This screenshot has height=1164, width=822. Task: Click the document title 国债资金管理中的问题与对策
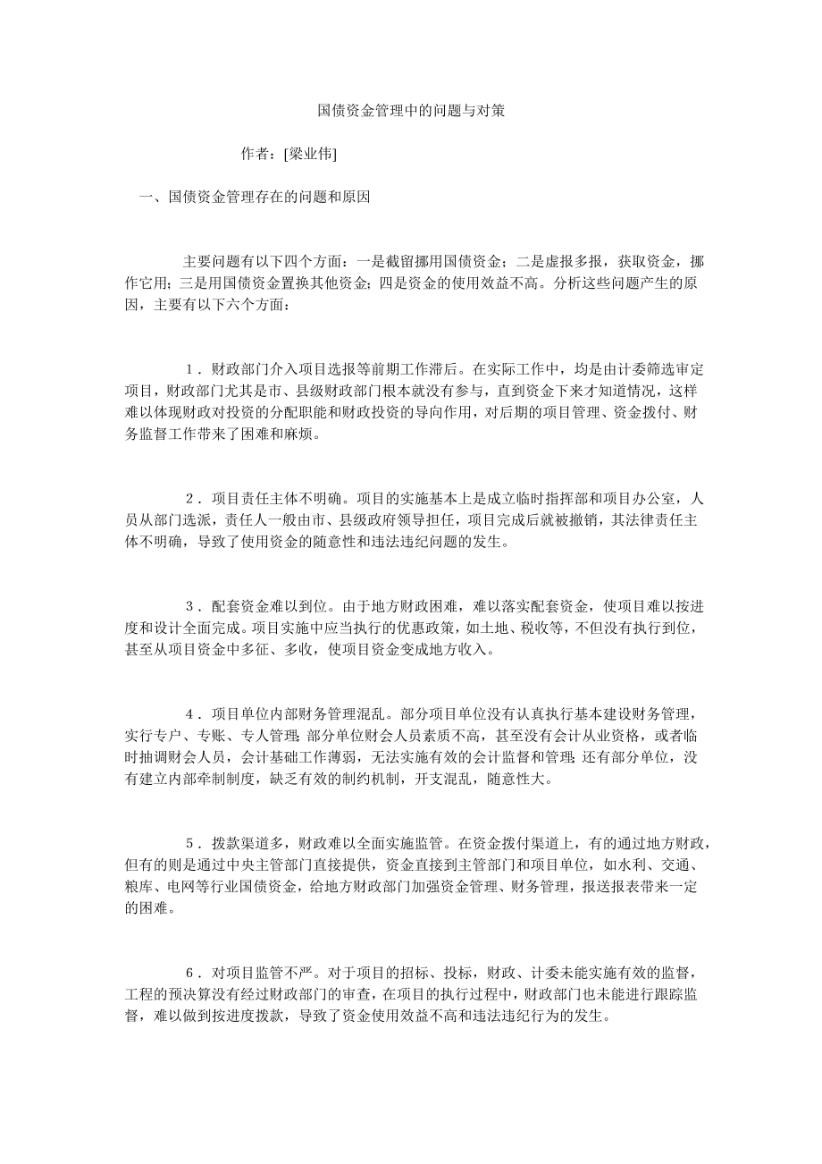pos(412,112)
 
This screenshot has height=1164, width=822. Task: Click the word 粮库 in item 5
pos(138,887)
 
